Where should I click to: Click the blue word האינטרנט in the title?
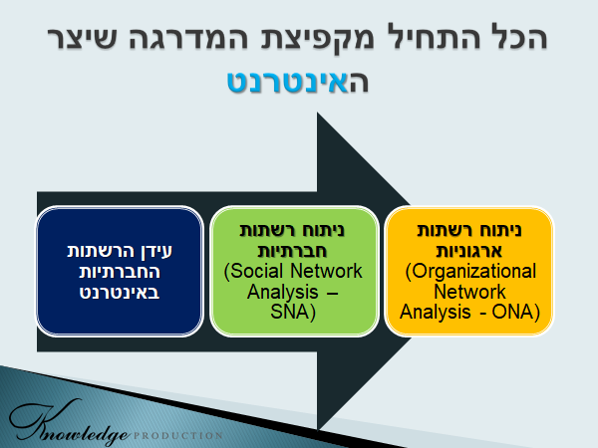click(298, 81)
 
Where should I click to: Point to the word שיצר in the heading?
click(81, 38)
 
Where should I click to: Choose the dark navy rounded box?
click(120, 271)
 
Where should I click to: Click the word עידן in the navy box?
click(156, 252)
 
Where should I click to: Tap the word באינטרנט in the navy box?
click(120, 292)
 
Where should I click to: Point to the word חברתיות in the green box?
click(292, 251)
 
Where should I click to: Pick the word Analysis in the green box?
click(283, 292)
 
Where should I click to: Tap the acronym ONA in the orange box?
click(515, 312)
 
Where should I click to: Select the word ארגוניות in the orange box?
click(469, 251)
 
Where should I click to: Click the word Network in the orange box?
click(469, 292)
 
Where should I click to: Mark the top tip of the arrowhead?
click(317, 112)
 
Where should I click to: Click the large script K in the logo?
click(42, 421)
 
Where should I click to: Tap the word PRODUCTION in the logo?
click(178, 435)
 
